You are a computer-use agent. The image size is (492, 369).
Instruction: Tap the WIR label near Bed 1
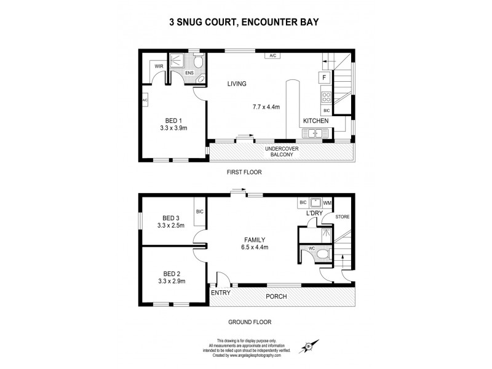tap(159, 66)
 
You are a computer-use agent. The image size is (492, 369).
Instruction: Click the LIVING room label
tap(236, 84)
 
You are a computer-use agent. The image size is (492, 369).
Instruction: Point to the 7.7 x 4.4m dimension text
tap(266, 107)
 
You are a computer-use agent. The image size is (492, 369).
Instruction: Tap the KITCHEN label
tap(315, 121)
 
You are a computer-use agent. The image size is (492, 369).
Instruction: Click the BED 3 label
tap(172, 218)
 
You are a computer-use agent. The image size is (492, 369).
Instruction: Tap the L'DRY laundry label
tap(315, 213)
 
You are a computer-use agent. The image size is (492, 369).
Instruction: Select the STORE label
tap(342, 216)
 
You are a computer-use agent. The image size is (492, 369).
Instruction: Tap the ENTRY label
tap(220, 292)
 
